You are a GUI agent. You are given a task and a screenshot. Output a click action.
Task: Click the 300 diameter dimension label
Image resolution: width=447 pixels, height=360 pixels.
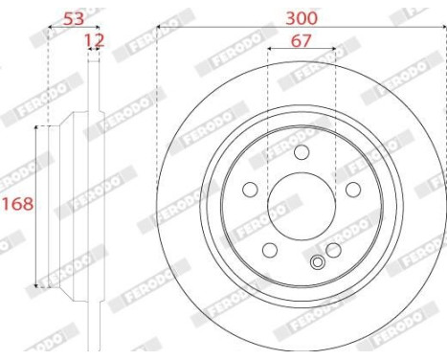(301, 18)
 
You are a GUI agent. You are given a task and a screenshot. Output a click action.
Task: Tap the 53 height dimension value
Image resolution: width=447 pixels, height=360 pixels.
(73, 18)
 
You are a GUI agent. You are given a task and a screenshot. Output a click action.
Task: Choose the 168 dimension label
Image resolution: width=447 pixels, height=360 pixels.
(16, 204)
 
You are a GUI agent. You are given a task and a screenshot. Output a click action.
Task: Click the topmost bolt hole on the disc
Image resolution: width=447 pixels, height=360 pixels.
(302, 152)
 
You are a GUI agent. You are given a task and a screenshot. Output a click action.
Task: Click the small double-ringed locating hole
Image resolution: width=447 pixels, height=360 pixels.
(319, 261)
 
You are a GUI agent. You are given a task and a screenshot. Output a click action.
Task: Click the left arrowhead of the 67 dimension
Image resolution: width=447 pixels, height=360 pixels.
(270, 48)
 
